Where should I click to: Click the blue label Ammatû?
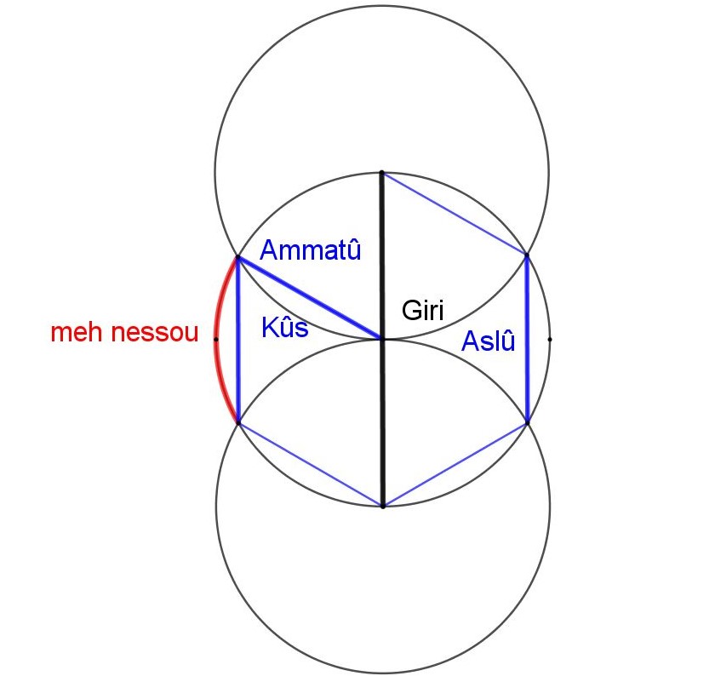[310, 249]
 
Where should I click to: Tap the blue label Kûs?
[285, 327]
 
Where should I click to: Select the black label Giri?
[423, 310]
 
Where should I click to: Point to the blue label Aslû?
[488, 341]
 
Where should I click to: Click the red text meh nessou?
[124, 332]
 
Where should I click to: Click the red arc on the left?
[215, 340]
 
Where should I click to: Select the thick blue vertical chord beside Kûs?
[237, 341]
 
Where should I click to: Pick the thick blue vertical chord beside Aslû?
[528, 340]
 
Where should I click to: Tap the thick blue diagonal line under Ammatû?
[310, 298]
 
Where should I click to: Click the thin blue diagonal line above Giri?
[455, 214]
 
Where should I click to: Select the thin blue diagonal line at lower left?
[310, 465]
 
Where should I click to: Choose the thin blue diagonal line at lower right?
[455, 465]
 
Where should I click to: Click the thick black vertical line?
[382, 340]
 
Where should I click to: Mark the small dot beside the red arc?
[215, 340]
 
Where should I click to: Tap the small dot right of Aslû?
[550, 340]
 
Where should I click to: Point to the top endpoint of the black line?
[382, 173]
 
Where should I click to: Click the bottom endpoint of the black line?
[383, 507]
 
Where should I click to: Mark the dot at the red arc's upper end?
[237, 258]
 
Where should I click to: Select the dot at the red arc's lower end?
[238, 423]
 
